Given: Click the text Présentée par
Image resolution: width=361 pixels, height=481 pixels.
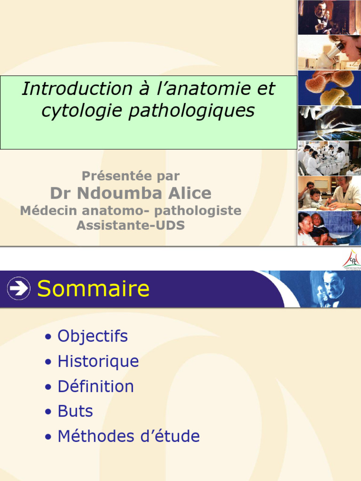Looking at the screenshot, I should [x=131, y=176].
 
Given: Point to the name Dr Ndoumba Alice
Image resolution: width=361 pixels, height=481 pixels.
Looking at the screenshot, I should [x=131, y=193].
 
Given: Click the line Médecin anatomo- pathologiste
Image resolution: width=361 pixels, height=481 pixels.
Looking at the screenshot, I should [x=131, y=211].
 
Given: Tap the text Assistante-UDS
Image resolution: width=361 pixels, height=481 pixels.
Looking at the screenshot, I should [x=131, y=226].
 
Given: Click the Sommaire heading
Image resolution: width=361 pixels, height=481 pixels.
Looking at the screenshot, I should [x=93, y=288].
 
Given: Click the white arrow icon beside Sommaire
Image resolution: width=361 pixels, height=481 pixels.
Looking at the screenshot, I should [x=19, y=288].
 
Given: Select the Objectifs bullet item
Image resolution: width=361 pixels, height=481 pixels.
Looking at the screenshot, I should [x=92, y=336].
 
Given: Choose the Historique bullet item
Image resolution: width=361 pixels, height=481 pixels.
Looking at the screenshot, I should [x=98, y=362].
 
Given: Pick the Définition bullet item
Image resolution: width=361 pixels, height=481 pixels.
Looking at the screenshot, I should [x=95, y=387].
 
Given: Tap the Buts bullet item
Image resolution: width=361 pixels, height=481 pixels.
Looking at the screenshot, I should [x=75, y=411].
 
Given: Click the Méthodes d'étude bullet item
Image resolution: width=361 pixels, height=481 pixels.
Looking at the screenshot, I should [x=128, y=436].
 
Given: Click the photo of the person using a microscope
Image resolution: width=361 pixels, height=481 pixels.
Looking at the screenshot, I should [x=330, y=53].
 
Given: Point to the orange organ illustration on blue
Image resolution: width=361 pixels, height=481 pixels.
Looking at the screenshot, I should [x=330, y=88].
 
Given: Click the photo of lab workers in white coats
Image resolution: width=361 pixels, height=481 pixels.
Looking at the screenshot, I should [x=330, y=158].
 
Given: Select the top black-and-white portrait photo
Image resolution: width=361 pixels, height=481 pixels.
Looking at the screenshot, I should [x=330, y=17].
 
